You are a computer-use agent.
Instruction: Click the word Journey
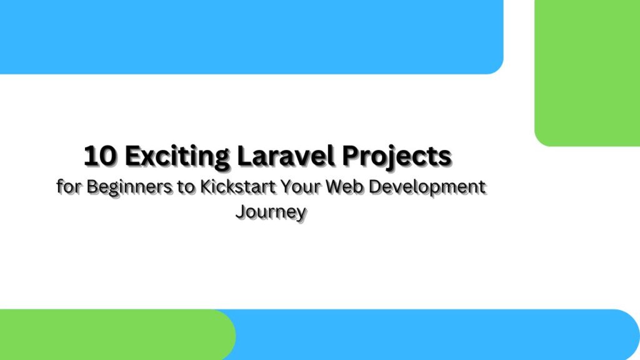pyautogui.click(x=271, y=211)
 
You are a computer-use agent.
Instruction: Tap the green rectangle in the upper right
pyautogui.click(x=587, y=72)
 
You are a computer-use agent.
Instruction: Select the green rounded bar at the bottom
pyautogui.click(x=112, y=334)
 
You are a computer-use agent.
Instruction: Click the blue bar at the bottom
pyautogui.click(x=437, y=334)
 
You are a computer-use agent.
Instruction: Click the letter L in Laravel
pyautogui.click(x=243, y=156)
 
